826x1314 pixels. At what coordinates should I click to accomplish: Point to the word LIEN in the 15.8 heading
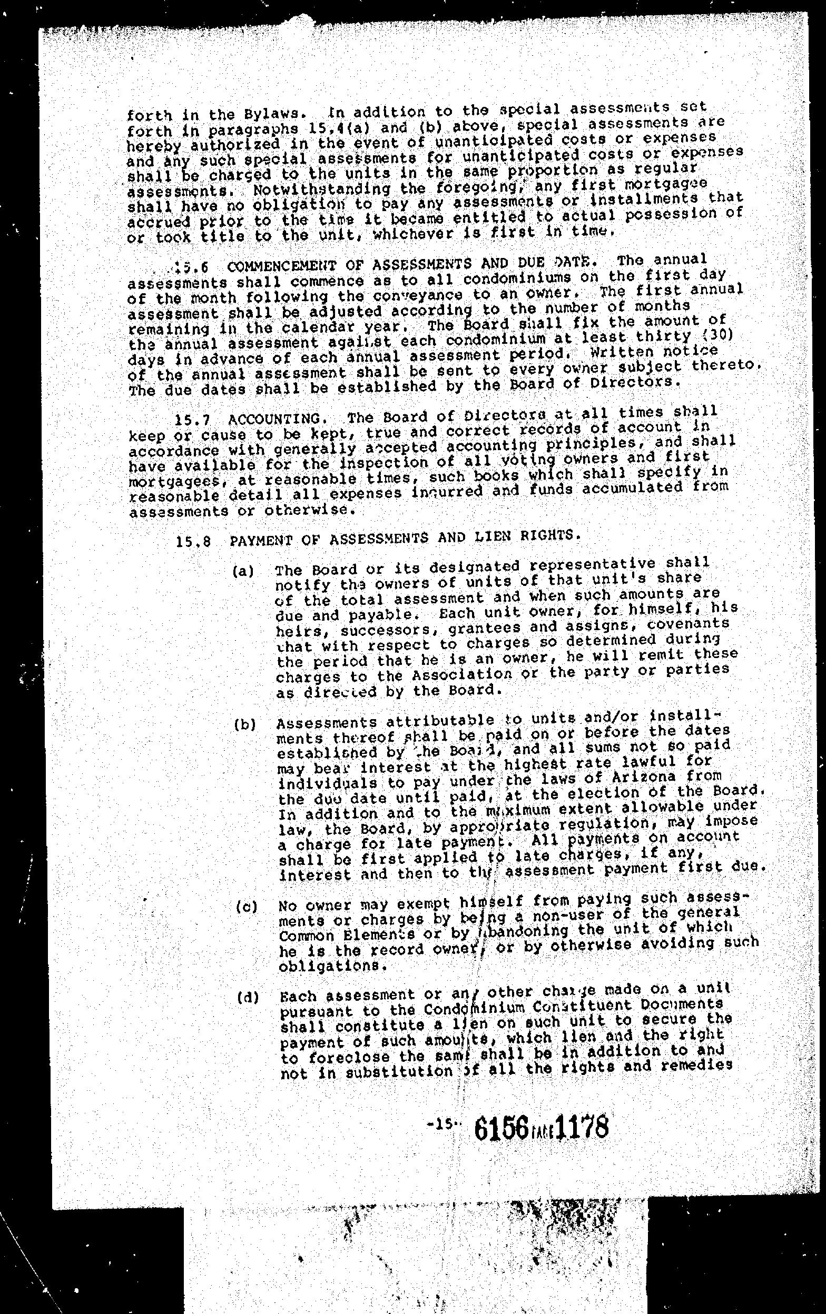click(481, 537)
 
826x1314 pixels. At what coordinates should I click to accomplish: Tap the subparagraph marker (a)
click(243, 572)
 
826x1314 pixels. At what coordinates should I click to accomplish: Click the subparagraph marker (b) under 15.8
click(244, 725)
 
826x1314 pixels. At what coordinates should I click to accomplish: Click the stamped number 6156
click(500, 1126)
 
